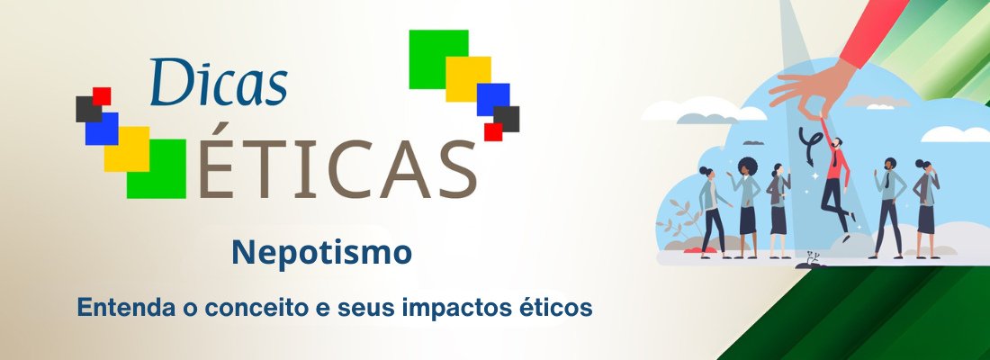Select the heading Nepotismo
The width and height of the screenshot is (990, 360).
321,252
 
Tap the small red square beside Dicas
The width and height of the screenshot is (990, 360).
102,95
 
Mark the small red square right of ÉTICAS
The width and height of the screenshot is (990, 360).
493,131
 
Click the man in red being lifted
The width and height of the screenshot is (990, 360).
836,175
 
